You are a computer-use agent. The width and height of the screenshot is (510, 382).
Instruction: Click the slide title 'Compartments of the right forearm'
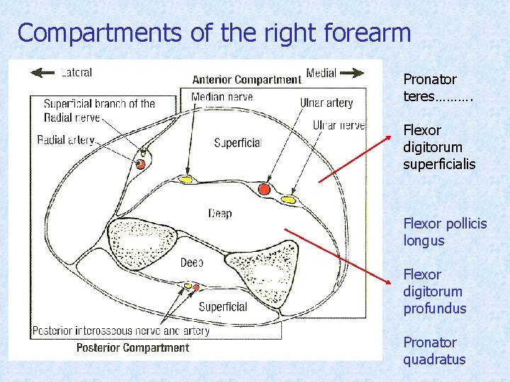(214, 33)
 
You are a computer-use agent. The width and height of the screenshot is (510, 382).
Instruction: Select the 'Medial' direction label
(321, 73)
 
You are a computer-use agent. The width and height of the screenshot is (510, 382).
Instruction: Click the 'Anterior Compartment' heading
(246, 79)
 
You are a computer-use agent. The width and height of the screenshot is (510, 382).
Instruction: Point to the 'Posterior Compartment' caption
(132, 347)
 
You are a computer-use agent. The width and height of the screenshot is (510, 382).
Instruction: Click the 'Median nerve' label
(222, 96)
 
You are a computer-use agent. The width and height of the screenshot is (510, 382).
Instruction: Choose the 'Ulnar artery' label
(326, 103)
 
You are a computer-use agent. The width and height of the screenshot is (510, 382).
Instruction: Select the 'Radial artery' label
(66, 140)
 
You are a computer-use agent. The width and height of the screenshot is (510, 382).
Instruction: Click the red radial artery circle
(141, 164)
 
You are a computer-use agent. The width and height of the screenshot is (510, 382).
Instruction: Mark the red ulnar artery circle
(264, 190)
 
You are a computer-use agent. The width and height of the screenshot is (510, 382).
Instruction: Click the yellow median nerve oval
(186, 179)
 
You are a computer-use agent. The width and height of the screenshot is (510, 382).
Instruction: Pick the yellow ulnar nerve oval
(288, 200)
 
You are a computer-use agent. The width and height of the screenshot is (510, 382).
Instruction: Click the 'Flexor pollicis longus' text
(445, 232)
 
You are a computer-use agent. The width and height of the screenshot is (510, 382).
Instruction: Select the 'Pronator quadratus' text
(434, 351)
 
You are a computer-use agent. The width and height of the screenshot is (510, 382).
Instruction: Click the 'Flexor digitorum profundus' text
(434, 291)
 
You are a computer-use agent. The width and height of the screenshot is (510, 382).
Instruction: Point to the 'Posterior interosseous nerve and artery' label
(121, 330)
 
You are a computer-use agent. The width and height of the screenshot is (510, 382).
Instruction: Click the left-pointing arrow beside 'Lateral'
(43, 71)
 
